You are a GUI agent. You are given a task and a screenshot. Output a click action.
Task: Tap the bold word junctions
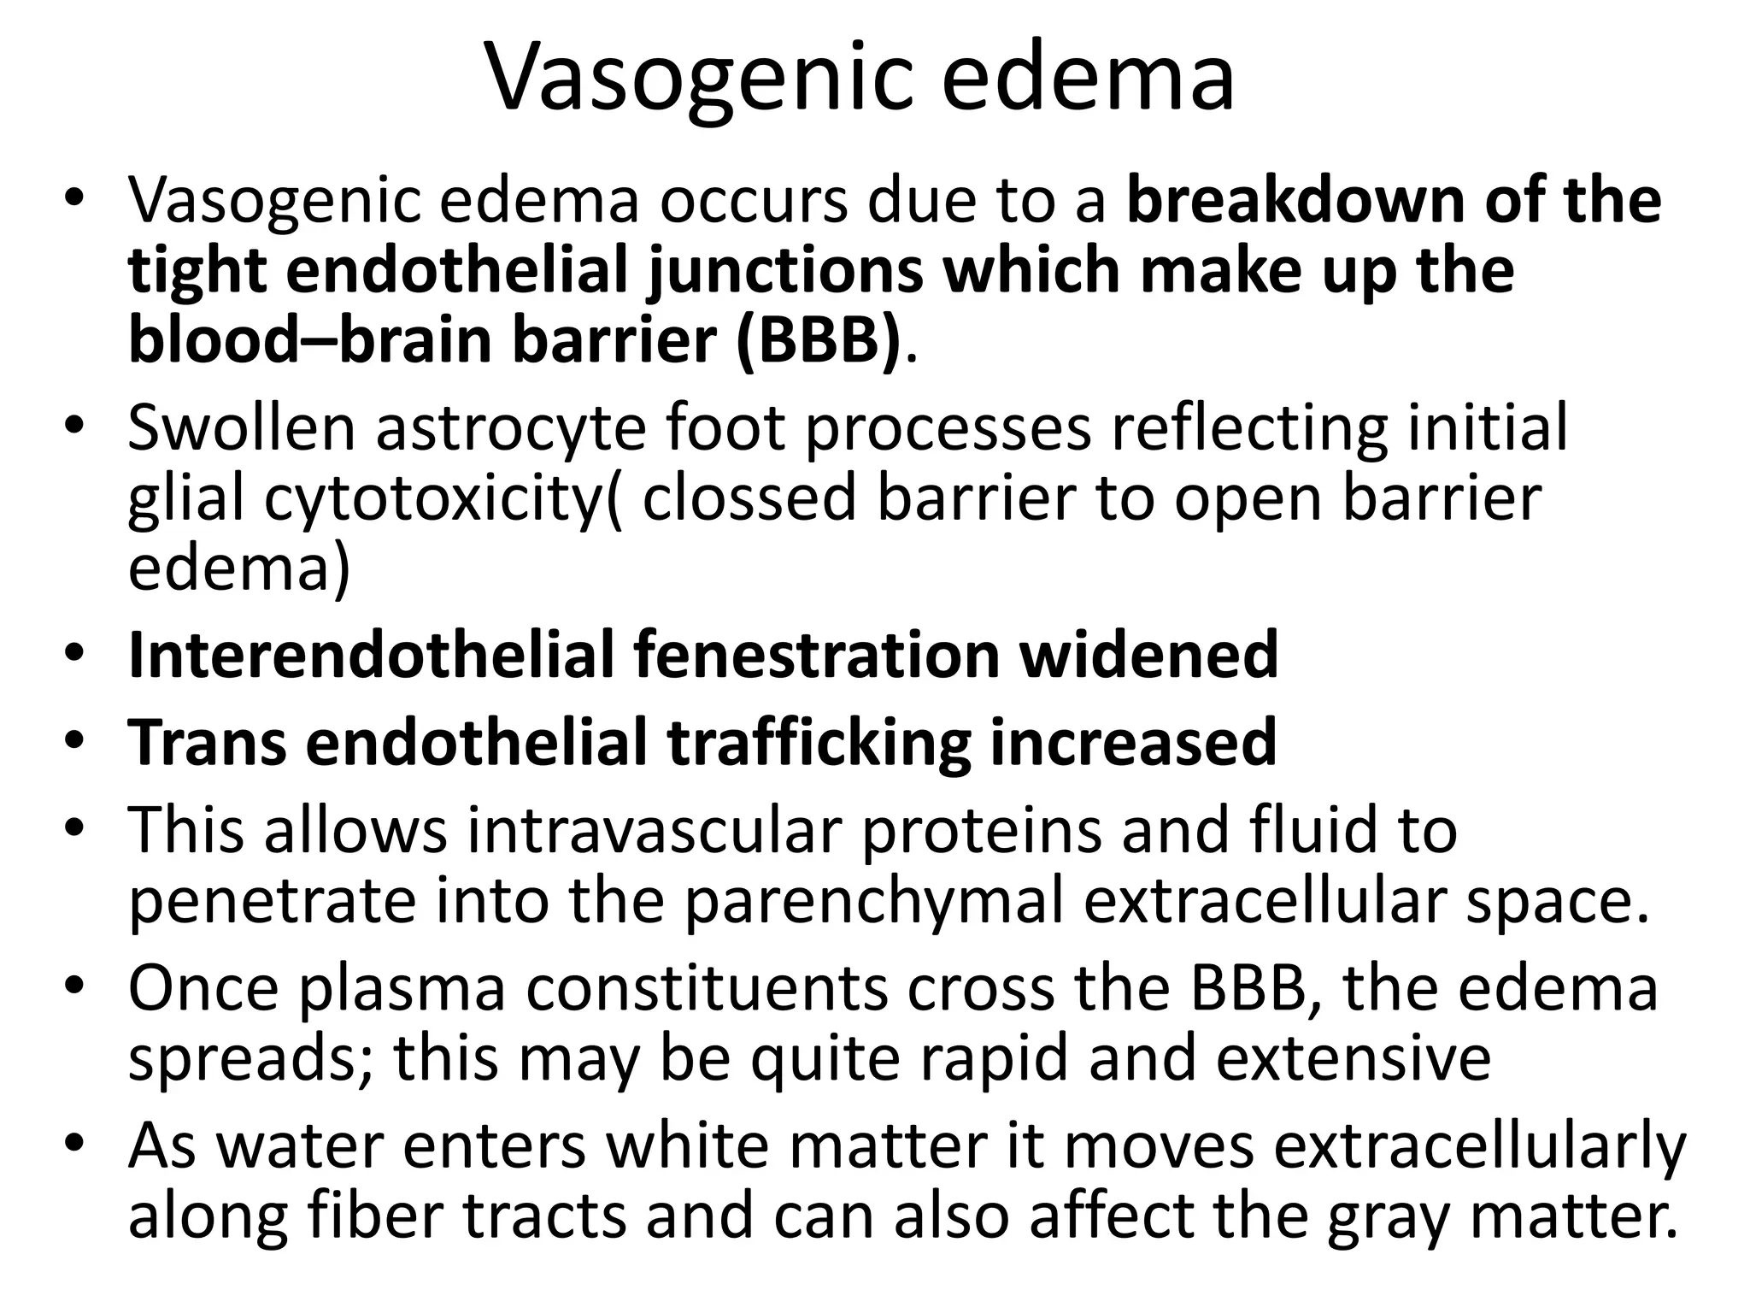(x=784, y=272)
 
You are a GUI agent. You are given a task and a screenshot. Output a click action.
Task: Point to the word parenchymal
(x=874, y=903)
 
